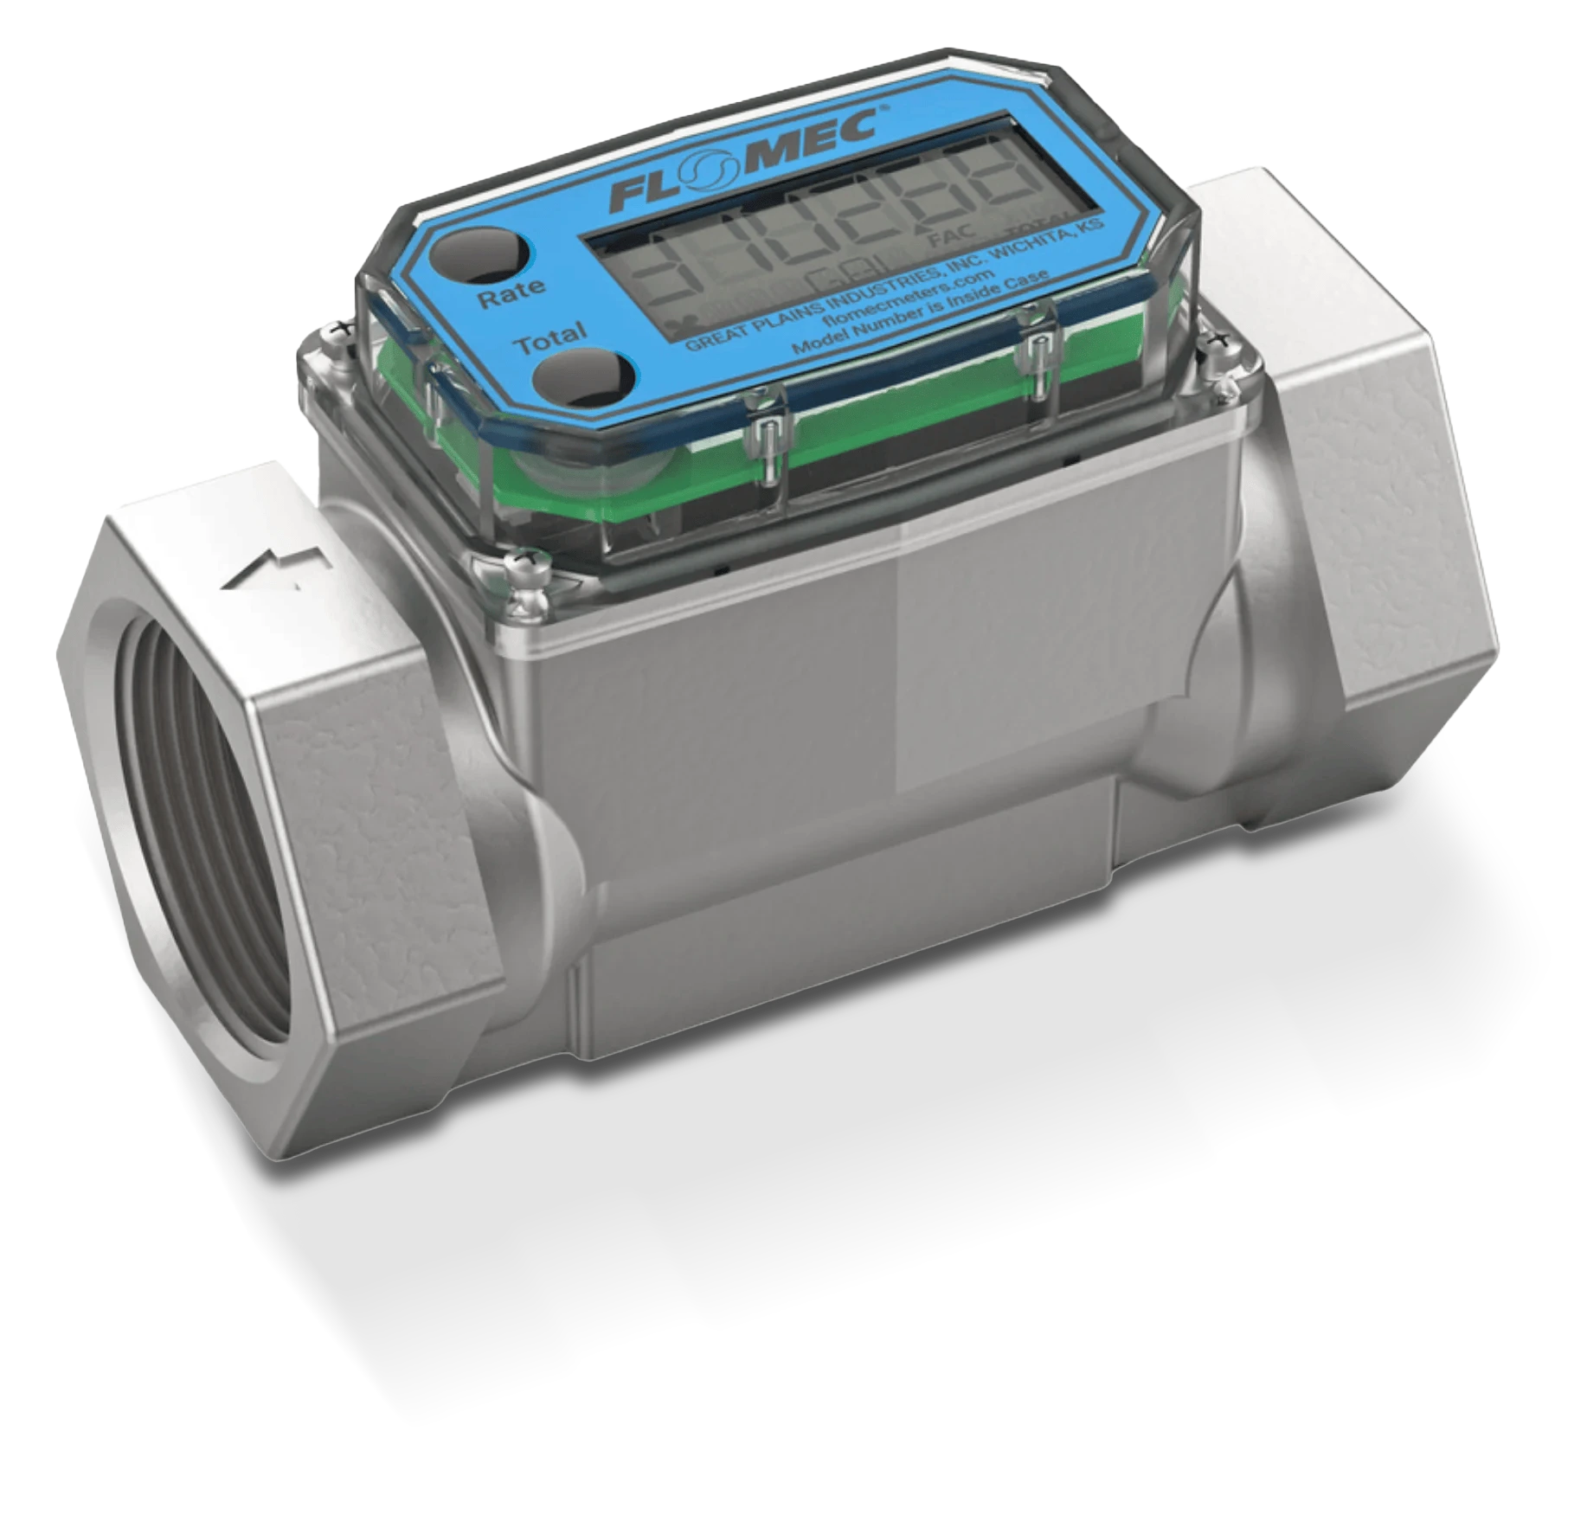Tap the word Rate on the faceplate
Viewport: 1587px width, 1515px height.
coord(511,292)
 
